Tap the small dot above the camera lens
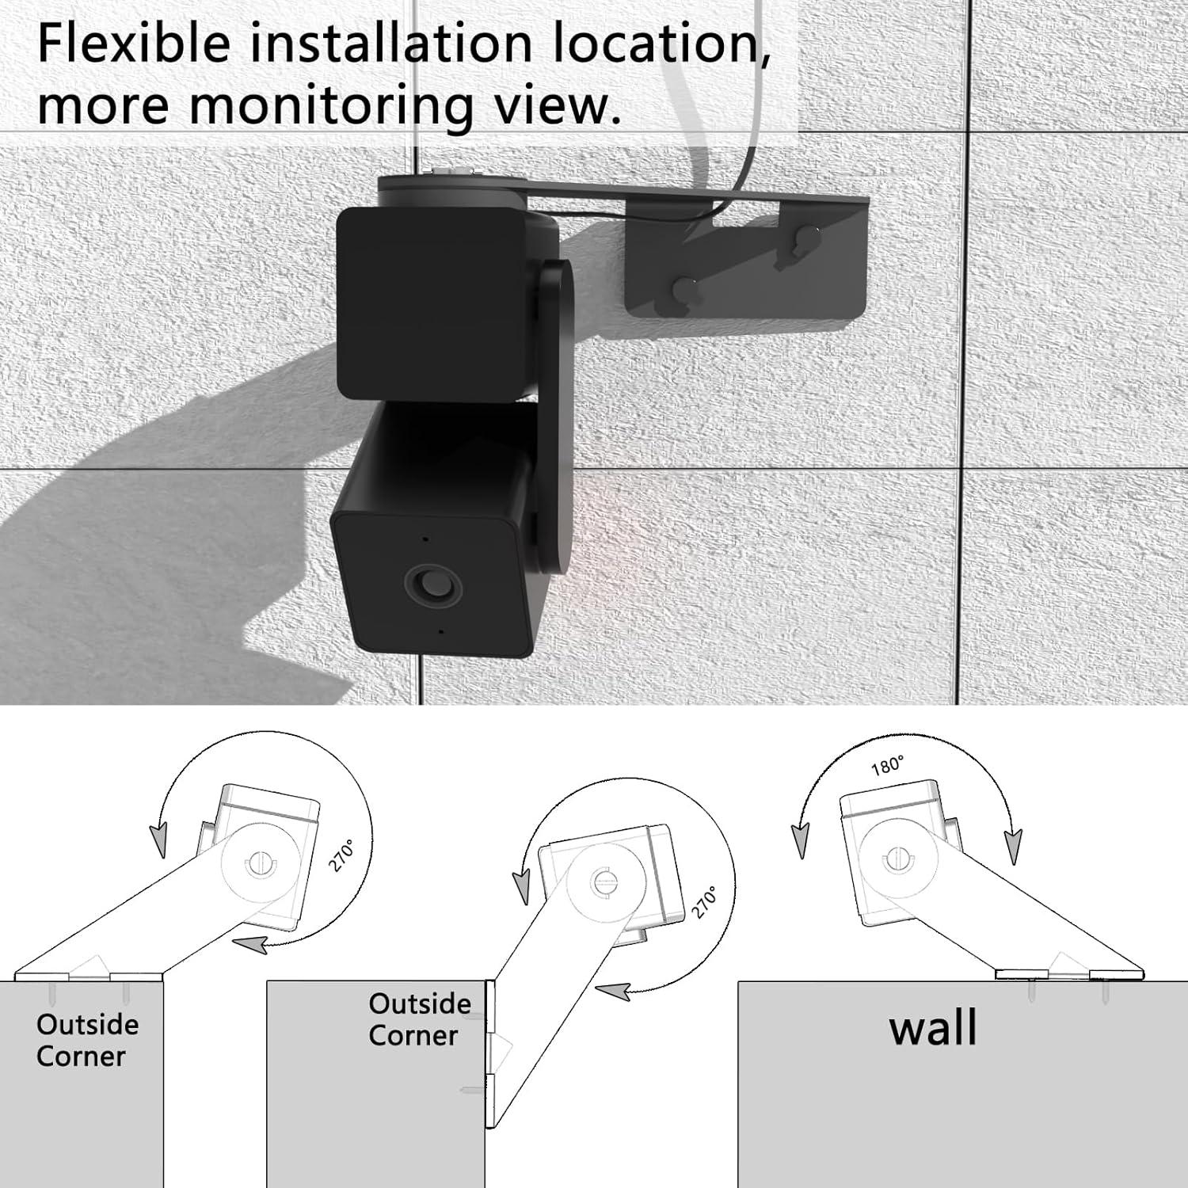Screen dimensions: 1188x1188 425,539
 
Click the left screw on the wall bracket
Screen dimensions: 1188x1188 684,287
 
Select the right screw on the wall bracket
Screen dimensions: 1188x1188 805,237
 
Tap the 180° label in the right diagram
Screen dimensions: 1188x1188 887,766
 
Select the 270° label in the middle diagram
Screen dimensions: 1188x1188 704,902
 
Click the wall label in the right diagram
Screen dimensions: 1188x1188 932,1029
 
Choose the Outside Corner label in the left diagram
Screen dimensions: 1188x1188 86,1040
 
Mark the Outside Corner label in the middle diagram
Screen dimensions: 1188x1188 419,1019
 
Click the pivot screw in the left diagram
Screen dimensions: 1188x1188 257,864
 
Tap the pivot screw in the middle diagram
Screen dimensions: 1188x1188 604,881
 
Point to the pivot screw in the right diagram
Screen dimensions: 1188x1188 898,858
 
